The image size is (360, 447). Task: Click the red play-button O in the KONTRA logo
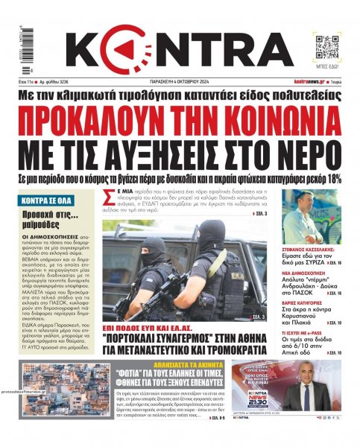coord(140,51)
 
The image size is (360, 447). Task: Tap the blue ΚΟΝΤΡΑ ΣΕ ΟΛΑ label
coord(48,200)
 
